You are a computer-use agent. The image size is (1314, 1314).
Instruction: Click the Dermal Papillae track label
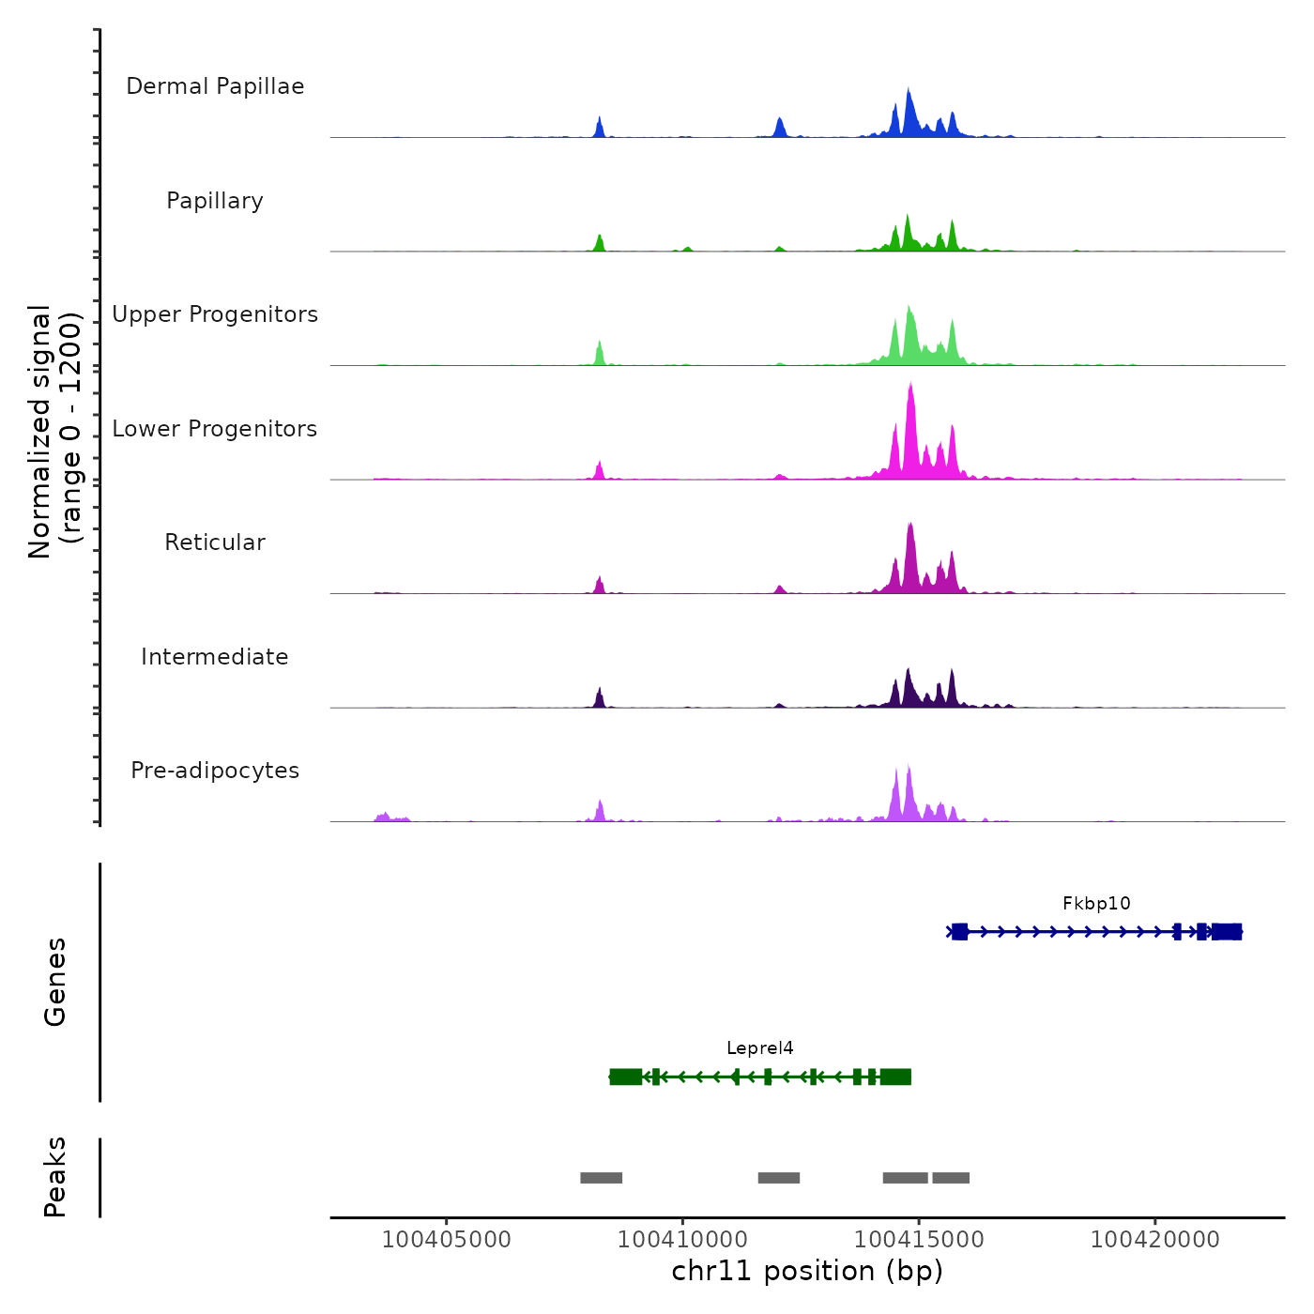[x=215, y=86]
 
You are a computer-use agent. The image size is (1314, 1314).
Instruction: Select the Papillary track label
[x=215, y=201]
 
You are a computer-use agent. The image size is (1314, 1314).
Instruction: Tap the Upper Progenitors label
[x=215, y=314]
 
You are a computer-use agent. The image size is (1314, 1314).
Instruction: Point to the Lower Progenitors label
[x=215, y=429]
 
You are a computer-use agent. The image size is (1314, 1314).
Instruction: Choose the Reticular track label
[x=215, y=542]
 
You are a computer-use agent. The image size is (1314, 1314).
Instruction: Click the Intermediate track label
[x=215, y=657]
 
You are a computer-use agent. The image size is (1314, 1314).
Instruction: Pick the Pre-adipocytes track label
[x=215, y=771]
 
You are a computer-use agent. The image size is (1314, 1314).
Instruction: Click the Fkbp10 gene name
[x=1096, y=904]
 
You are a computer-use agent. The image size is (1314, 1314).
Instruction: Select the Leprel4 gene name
[x=760, y=1048]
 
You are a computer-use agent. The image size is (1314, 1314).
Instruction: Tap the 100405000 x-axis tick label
[x=447, y=1240]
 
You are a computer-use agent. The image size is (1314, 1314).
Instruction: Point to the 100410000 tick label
[x=682, y=1240]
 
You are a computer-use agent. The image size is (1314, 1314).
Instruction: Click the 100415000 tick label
[x=919, y=1240]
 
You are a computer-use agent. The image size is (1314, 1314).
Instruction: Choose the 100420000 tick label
[x=1155, y=1240]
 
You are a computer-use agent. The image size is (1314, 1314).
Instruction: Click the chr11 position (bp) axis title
[x=807, y=1272]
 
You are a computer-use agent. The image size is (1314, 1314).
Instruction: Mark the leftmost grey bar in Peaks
[x=601, y=1178]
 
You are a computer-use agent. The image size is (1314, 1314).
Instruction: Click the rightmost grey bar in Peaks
[x=951, y=1178]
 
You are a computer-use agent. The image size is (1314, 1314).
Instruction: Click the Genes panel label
[x=55, y=982]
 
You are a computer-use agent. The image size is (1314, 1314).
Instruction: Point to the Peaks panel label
[x=55, y=1177]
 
